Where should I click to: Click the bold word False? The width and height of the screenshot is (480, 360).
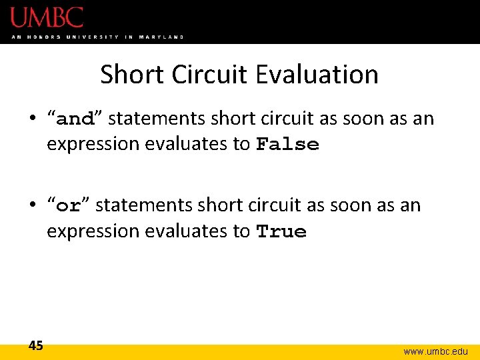288,145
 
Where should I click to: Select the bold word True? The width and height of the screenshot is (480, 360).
281,231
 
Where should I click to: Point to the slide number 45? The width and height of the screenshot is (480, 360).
36,345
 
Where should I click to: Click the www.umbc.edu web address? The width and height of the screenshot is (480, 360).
435,351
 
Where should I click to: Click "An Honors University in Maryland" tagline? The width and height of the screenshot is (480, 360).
97,37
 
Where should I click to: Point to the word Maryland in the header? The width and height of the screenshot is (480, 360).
161,37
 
